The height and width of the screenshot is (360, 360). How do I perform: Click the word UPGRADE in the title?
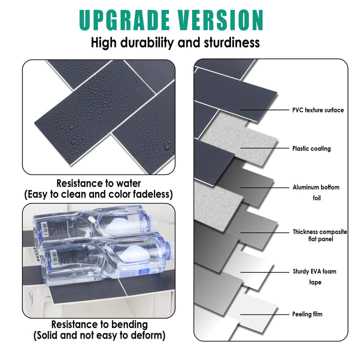click(x=122, y=20)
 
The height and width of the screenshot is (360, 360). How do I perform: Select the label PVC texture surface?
click(x=318, y=110)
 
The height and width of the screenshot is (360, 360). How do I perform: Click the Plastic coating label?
click(x=311, y=148)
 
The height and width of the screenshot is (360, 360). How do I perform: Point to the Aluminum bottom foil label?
click(x=316, y=192)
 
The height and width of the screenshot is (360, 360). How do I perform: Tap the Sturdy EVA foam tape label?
click(x=314, y=277)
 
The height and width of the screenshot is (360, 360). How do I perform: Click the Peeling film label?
click(x=307, y=314)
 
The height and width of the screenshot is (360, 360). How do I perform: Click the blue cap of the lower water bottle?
click(x=166, y=248)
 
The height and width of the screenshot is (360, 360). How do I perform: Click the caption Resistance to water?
click(x=98, y=183)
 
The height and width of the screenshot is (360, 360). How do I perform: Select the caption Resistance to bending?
click(x=99, y=325)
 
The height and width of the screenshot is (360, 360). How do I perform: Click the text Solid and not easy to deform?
click(x=99, y=335)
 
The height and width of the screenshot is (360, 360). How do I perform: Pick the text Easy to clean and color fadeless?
click(x=99, y=194)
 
